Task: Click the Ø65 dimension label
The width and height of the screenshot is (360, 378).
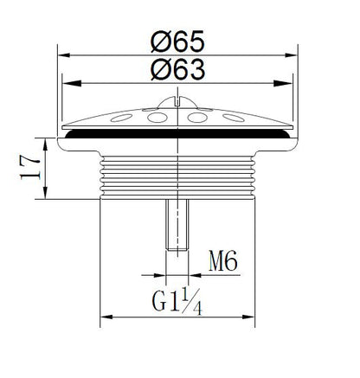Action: [177, 42]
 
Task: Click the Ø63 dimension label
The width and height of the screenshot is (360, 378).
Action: [177, 69]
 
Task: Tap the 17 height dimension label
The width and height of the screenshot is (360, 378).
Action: [29, 168]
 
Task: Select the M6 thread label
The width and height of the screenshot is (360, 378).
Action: [223, 260]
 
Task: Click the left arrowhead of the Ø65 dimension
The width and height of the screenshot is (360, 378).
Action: [64, 54]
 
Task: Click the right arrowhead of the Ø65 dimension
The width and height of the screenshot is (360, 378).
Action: [291, 54]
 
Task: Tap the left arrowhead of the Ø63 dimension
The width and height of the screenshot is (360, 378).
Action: [71, 83]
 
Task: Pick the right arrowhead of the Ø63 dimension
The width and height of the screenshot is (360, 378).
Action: [283, 83]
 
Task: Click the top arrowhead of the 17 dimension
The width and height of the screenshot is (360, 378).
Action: [45, 144]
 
